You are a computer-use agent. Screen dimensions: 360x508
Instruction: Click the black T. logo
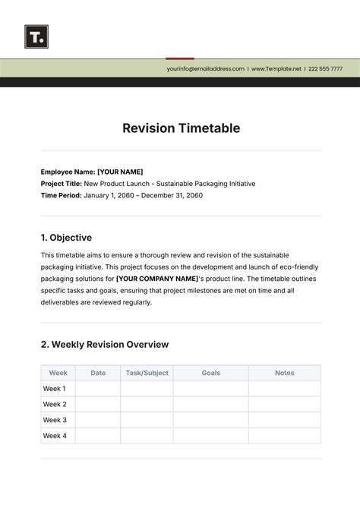click(x=36, y=36)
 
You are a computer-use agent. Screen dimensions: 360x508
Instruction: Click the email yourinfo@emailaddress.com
click(x=206, y=68)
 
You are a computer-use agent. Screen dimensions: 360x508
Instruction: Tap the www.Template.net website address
click(x=276, y=68)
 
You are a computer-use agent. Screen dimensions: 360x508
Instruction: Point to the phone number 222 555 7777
click(x=325, y=68)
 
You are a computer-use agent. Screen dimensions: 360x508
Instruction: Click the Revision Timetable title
click(x=181, y=128)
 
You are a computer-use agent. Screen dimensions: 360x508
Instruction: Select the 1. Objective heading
click(x=66, y=238)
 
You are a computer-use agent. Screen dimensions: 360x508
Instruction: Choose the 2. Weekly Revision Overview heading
click(x=105, y=344)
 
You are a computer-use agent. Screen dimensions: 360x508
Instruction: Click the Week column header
click(x=58, y=373)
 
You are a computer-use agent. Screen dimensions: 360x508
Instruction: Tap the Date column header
click(x=98, y=373)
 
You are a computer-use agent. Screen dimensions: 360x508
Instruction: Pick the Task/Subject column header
click(x=147, y=373)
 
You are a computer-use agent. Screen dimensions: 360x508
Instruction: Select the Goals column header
click(x=211, y=373)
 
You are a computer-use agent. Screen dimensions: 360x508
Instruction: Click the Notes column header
click(x=284, y=373)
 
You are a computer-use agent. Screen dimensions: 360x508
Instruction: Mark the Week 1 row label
click(x=55, y=389)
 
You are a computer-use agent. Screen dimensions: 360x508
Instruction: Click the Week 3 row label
click(x=55, y=420)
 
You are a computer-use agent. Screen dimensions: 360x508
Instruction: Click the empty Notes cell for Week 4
click(x=284, y=436)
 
